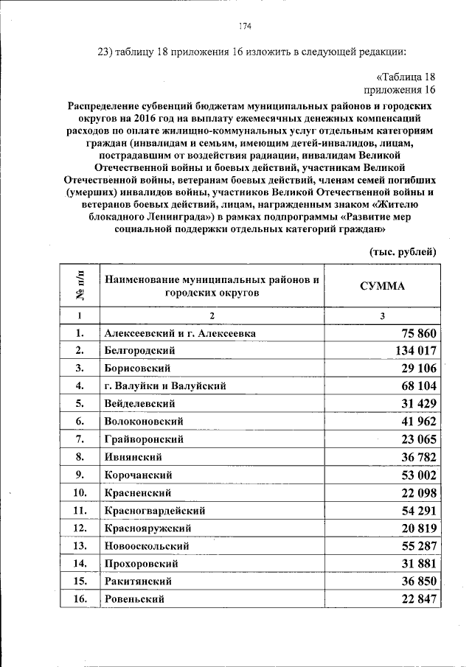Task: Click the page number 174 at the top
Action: pyautogui.click(x=246, y=27)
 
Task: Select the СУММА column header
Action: pyautogui.click(x=382, y=286)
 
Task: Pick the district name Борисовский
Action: pyautogui.click(x=138, y=367)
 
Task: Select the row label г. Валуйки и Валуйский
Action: pyautogui.click(x=165, y=385)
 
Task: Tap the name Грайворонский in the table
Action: pyautogui.click(x=144, y=439)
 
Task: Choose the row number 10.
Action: pyautogui.click(x=80, y=492)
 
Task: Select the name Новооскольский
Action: pyautogui.click(x=147, y=546)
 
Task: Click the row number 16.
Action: pyautogui.click(x=80, y=599)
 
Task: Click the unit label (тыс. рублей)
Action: pyautogui.click(x=403, y=251)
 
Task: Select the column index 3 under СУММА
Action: pyautogui.click(x=382, y=315)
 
